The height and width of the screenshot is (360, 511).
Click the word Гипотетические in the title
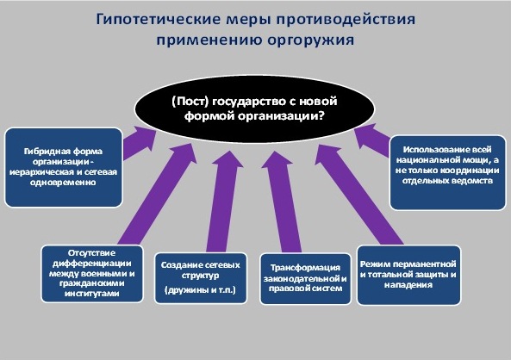[x=159, y=20]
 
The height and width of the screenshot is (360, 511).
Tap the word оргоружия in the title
[x=310, y=40]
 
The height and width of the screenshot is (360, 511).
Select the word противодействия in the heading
[x=346, y=20]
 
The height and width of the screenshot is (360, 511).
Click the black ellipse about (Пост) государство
[x=254, y=109]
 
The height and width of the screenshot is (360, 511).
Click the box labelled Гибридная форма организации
[x=64, y=167]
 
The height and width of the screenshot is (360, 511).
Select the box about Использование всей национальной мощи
[x=447, y=172]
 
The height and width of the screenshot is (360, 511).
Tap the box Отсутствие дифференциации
[x=92, y=274]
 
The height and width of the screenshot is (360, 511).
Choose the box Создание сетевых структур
[x=201, y=278]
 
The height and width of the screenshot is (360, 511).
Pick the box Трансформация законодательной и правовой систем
[x=305, y=279]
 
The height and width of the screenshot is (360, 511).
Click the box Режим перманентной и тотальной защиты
[x=408, y=275]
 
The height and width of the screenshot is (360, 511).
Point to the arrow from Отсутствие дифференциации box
[x=158, y=194]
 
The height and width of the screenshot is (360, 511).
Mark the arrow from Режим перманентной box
[x=358, y=195]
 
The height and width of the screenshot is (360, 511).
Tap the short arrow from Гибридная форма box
[x=139, y=142]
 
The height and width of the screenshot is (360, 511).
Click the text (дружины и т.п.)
[x=200, y=289]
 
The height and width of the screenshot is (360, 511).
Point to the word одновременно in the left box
[x=63, y=183]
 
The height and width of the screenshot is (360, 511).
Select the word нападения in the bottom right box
[x=408, y=285]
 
